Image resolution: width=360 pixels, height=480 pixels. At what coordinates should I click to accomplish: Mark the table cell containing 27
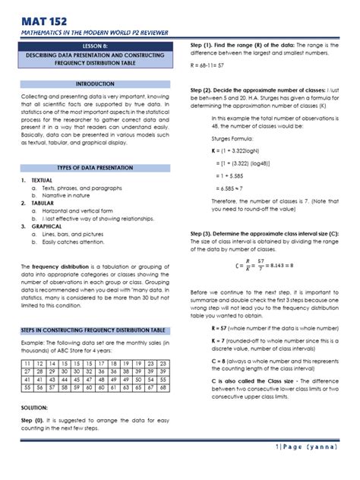27,352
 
